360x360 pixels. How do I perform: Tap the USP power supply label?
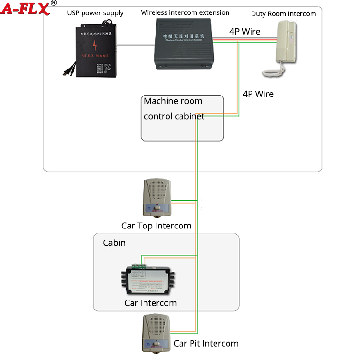[96, 13]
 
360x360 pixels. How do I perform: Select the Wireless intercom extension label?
[185, 12]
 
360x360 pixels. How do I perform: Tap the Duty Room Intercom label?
[283, 14]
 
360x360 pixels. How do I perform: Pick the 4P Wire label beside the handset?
[245, 32]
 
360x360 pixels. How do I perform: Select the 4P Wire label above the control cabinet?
[258, 94]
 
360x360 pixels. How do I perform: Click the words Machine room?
[173, 101]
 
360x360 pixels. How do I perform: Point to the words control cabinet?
[174, 116]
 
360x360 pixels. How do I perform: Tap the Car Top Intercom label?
[156, 226]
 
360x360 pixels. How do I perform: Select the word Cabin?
[114, 243]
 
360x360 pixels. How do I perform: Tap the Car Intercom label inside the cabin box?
[150, 303]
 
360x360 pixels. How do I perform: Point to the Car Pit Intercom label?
[206, 343]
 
